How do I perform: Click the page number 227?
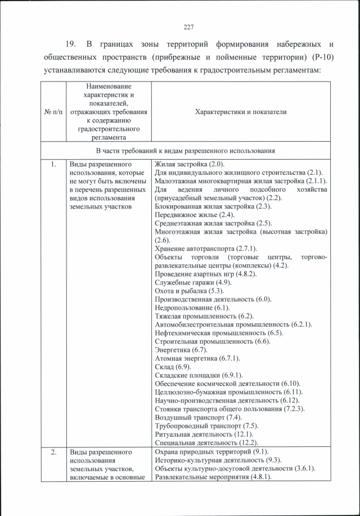tap(188, 27)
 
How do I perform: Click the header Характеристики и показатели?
tap(240, 112)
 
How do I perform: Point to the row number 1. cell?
tap(52, 164)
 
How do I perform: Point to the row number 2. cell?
tap(52, 451)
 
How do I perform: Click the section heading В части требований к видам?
tap(185, 151)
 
